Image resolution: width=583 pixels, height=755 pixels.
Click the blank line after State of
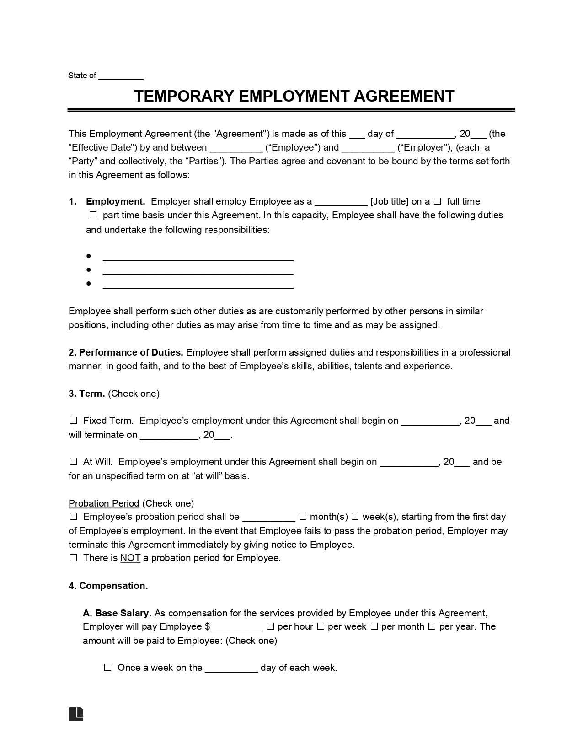121,77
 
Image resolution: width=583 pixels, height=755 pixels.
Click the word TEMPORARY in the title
184,96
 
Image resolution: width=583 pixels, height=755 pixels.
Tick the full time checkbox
438,201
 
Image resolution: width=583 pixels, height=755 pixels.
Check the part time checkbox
93,215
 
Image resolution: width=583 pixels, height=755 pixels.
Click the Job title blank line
341,203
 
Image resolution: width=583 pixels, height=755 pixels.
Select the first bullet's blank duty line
198,258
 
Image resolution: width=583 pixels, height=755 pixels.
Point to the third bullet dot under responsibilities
88,284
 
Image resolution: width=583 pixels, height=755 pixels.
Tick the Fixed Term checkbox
73,421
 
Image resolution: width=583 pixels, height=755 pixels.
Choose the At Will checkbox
73,462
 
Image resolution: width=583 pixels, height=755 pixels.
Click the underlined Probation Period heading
104,503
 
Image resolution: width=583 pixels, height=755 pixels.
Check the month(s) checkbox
303,517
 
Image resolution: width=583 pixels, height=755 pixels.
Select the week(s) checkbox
355,517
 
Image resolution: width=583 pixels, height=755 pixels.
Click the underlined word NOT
130,558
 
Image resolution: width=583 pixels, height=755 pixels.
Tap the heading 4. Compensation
108,586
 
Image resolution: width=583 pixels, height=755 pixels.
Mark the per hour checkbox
270,626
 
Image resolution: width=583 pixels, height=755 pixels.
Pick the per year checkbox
432,626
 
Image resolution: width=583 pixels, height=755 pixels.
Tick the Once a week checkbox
108,668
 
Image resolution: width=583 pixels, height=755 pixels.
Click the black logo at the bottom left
76,714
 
